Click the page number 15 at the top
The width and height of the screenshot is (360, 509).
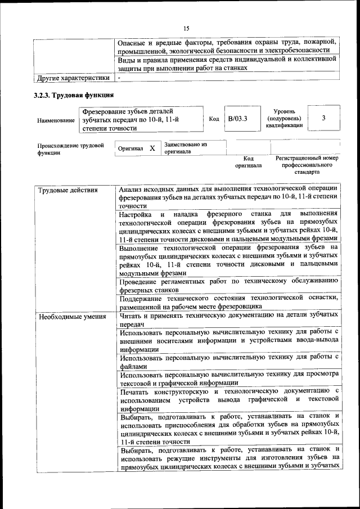186,29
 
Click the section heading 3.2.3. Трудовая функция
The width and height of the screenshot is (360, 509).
74,94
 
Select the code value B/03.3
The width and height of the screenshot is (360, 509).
237,119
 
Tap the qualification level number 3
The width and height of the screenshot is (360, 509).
323,118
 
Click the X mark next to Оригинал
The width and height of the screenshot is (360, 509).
152,148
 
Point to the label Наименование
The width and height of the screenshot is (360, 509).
56,120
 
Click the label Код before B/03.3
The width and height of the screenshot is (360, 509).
214,119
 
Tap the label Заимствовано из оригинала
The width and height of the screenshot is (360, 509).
186,148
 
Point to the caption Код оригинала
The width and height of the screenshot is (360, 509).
248,162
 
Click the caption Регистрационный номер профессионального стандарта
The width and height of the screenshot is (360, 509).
307,165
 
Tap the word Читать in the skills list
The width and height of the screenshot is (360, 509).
132,316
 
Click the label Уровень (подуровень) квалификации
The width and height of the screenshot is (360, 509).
284,119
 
